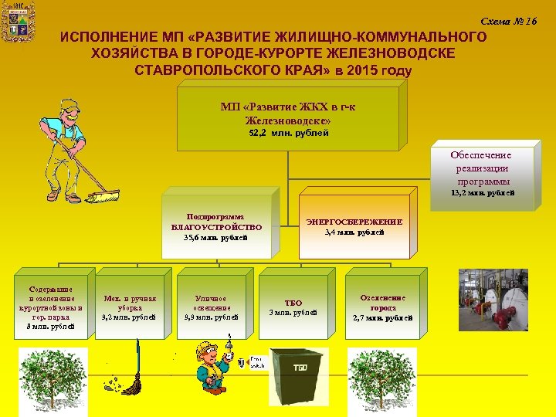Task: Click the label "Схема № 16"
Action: tap(508, 21)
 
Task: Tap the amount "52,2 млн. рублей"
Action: tap(288, 133)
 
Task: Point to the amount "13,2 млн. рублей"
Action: tap(483, 192)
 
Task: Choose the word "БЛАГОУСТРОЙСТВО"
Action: tap(216, 227)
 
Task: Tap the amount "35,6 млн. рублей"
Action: tap(215, 239)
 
